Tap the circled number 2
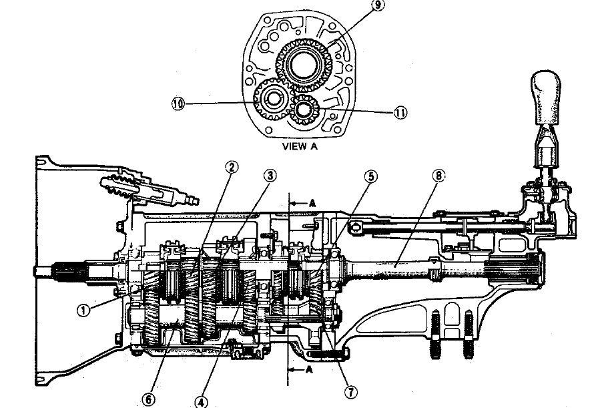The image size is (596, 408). click(x=232, y=167)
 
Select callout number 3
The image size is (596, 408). click(x=270, y=176)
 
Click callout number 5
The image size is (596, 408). click(x=370, y=177)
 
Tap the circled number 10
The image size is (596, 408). click(x=178, y=105)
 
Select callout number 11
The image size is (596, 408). click(x=400, y=113)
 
